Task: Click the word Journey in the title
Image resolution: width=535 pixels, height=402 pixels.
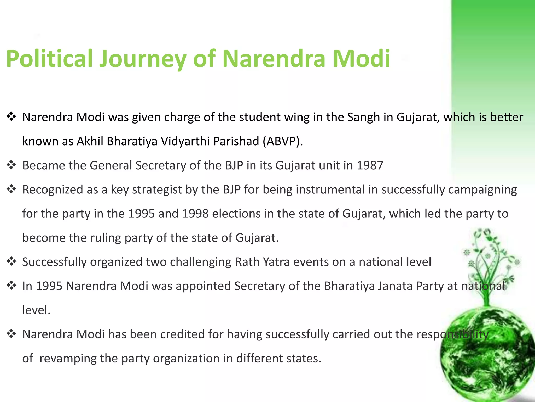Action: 142,59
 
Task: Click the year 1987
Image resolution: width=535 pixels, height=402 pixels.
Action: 370,165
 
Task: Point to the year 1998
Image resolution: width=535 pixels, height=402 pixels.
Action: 195,214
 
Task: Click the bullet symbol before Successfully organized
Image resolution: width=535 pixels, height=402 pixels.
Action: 11,261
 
